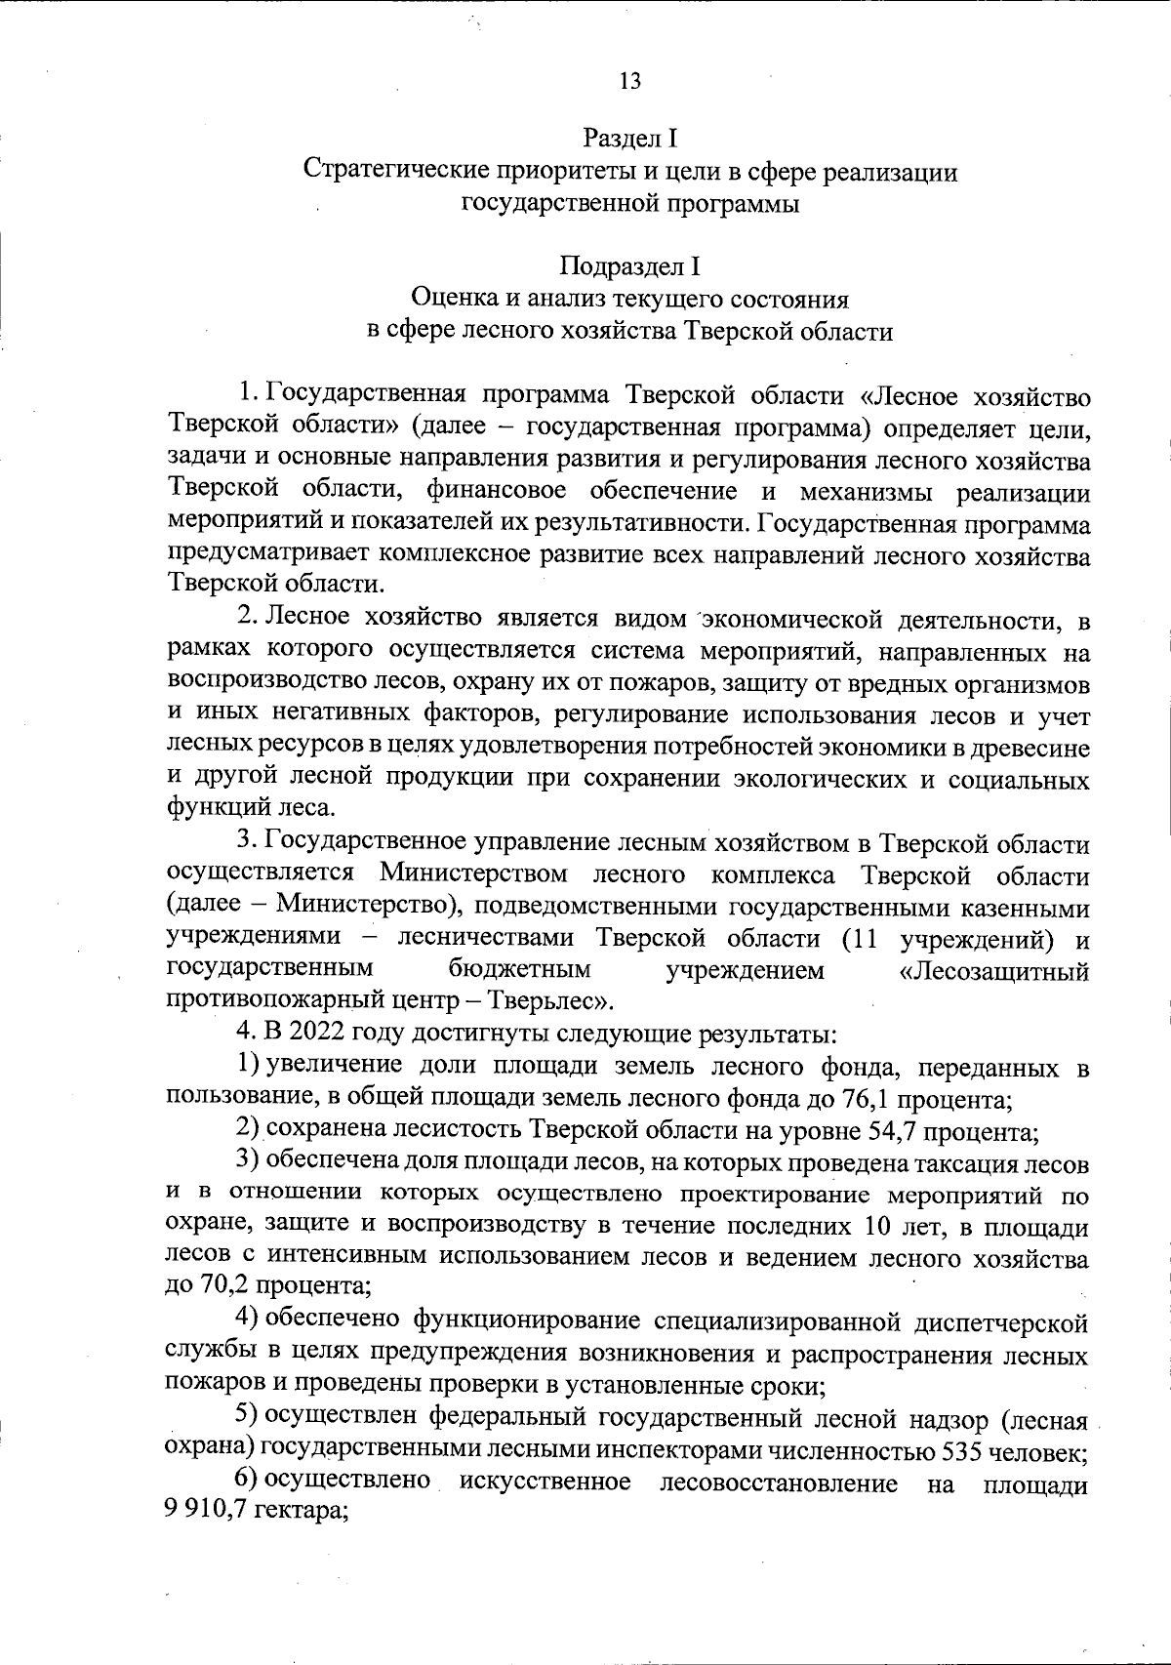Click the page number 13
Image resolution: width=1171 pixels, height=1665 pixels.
(x=630, y=81)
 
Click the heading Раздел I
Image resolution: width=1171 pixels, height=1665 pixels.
(x=630, y=139)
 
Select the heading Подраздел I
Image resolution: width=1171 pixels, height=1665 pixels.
(x=629, y=265)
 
